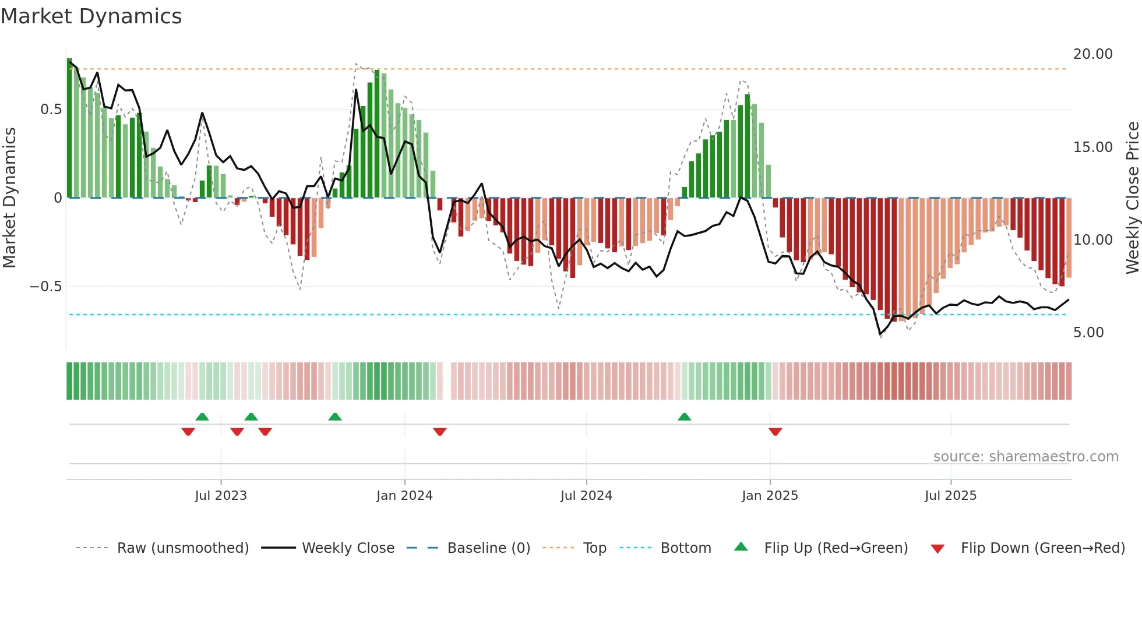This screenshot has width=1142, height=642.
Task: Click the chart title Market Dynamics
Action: pos(91,16)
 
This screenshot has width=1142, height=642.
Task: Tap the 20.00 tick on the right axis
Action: pos(1092,54)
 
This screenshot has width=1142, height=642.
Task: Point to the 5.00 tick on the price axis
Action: pos(1088,333)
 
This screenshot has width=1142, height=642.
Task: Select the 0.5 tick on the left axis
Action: pos(51,110)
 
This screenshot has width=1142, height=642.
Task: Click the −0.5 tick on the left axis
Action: pos(45,287)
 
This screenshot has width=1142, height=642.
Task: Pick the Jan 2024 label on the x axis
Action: pos(404,496)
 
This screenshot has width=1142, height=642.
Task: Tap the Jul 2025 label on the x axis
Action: pos(950,496)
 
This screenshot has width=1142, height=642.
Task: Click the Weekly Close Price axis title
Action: pos(1132,198)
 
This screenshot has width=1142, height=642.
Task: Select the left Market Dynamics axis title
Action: pos(9,198)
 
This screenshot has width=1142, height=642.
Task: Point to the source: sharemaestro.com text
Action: pos(1025,457)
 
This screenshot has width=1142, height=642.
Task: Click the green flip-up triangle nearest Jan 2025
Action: pos(685,417)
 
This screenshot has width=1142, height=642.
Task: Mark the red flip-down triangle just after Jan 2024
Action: pos(440,432)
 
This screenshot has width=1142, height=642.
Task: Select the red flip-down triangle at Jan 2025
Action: pos(775,432)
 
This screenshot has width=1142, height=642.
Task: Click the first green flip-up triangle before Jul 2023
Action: pos(202,417)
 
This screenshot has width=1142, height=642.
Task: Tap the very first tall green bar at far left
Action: pos(69,128)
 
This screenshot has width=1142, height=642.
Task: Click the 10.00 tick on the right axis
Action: pos(1092,240)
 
